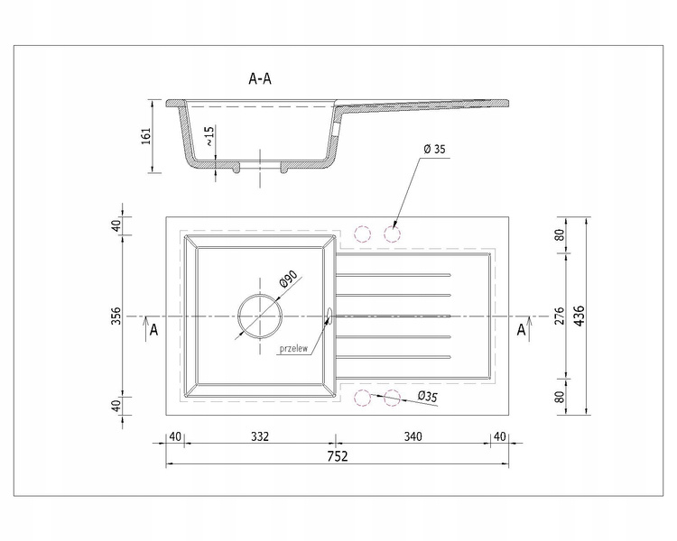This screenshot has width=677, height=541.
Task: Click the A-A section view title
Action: [x=260, y=78]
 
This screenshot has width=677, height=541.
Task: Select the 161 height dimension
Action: [x=146, y=135]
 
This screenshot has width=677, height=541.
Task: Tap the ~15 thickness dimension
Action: [x=209, y=136]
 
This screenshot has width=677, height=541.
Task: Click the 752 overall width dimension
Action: [x=338, y=456]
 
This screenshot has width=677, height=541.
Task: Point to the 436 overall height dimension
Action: [x=579, y=316]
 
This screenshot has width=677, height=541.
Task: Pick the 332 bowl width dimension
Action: [x=260, y=436]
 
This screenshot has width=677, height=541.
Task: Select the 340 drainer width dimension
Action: [x=413, y=436]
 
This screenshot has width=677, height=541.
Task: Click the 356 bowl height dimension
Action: [x=116, y=316]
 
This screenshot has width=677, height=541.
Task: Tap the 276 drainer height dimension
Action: [x=559, y=316]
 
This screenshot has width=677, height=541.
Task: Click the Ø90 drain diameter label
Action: [x=289, y=279]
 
